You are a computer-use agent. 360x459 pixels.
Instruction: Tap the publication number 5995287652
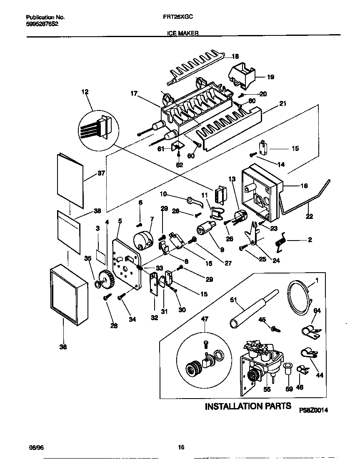[42, 24]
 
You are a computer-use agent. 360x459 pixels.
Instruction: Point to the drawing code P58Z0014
[313, 410]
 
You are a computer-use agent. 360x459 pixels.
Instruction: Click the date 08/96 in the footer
[35, 447]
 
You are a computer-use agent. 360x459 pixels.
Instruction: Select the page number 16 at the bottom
[181, 447]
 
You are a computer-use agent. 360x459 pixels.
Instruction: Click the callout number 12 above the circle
[85, 92]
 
